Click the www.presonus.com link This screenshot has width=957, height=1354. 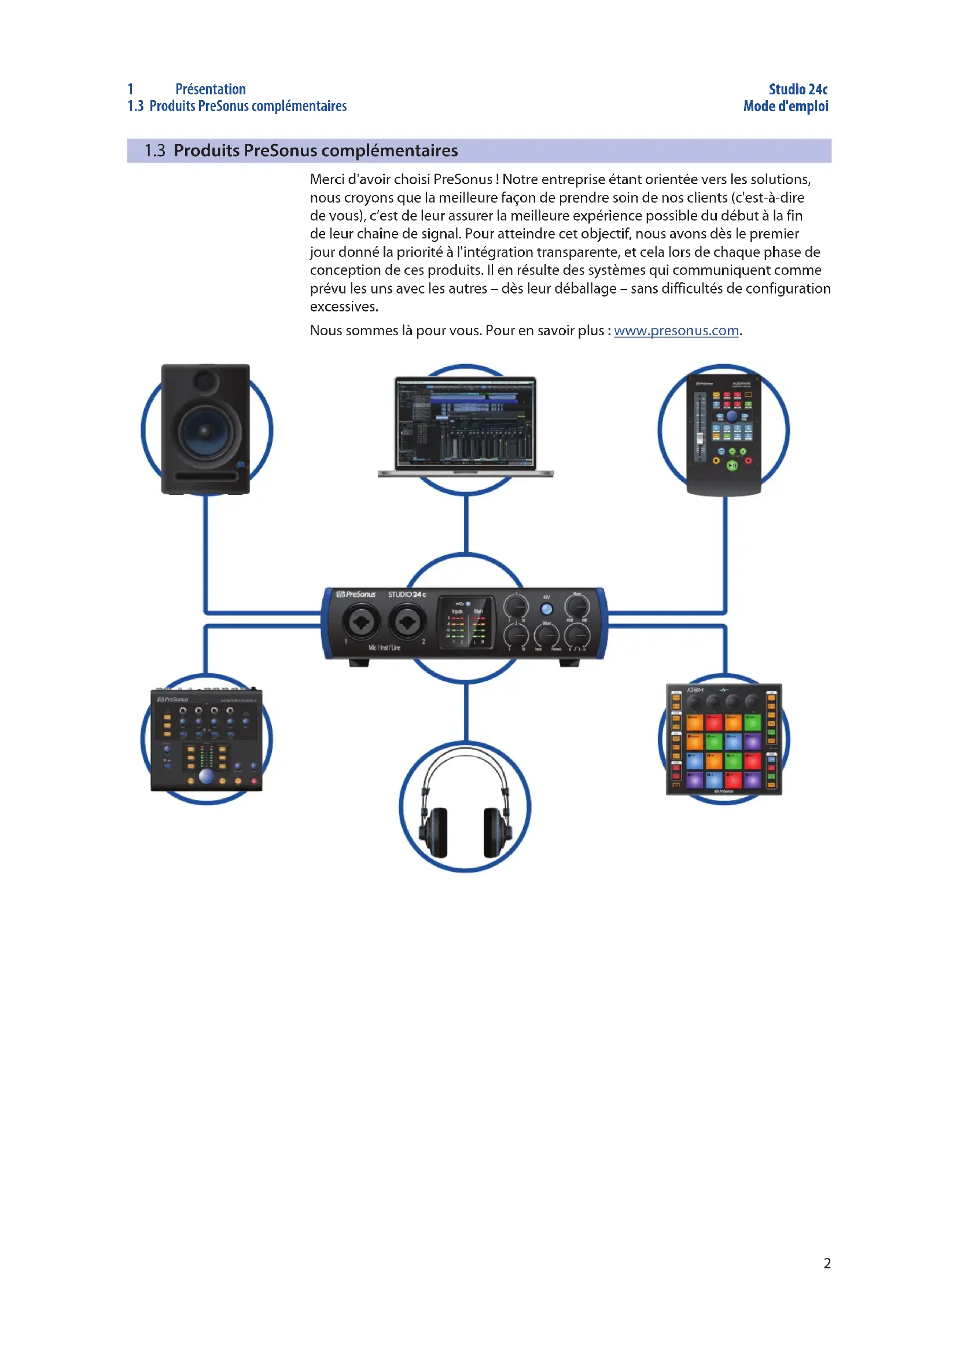676,331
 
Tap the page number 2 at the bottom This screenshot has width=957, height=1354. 827,1263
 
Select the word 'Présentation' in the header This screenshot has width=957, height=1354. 211,89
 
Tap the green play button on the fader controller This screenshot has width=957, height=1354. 732,465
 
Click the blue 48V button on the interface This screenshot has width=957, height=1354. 547,609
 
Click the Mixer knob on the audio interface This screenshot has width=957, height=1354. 547,636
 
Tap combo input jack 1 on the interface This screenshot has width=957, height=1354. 361,622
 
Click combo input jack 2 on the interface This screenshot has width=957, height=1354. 407,622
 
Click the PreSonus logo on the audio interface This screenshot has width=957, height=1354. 356,594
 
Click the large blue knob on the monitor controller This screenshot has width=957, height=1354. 206,776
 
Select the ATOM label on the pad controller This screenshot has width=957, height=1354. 695,689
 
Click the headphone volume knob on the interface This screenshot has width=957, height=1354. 577,636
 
